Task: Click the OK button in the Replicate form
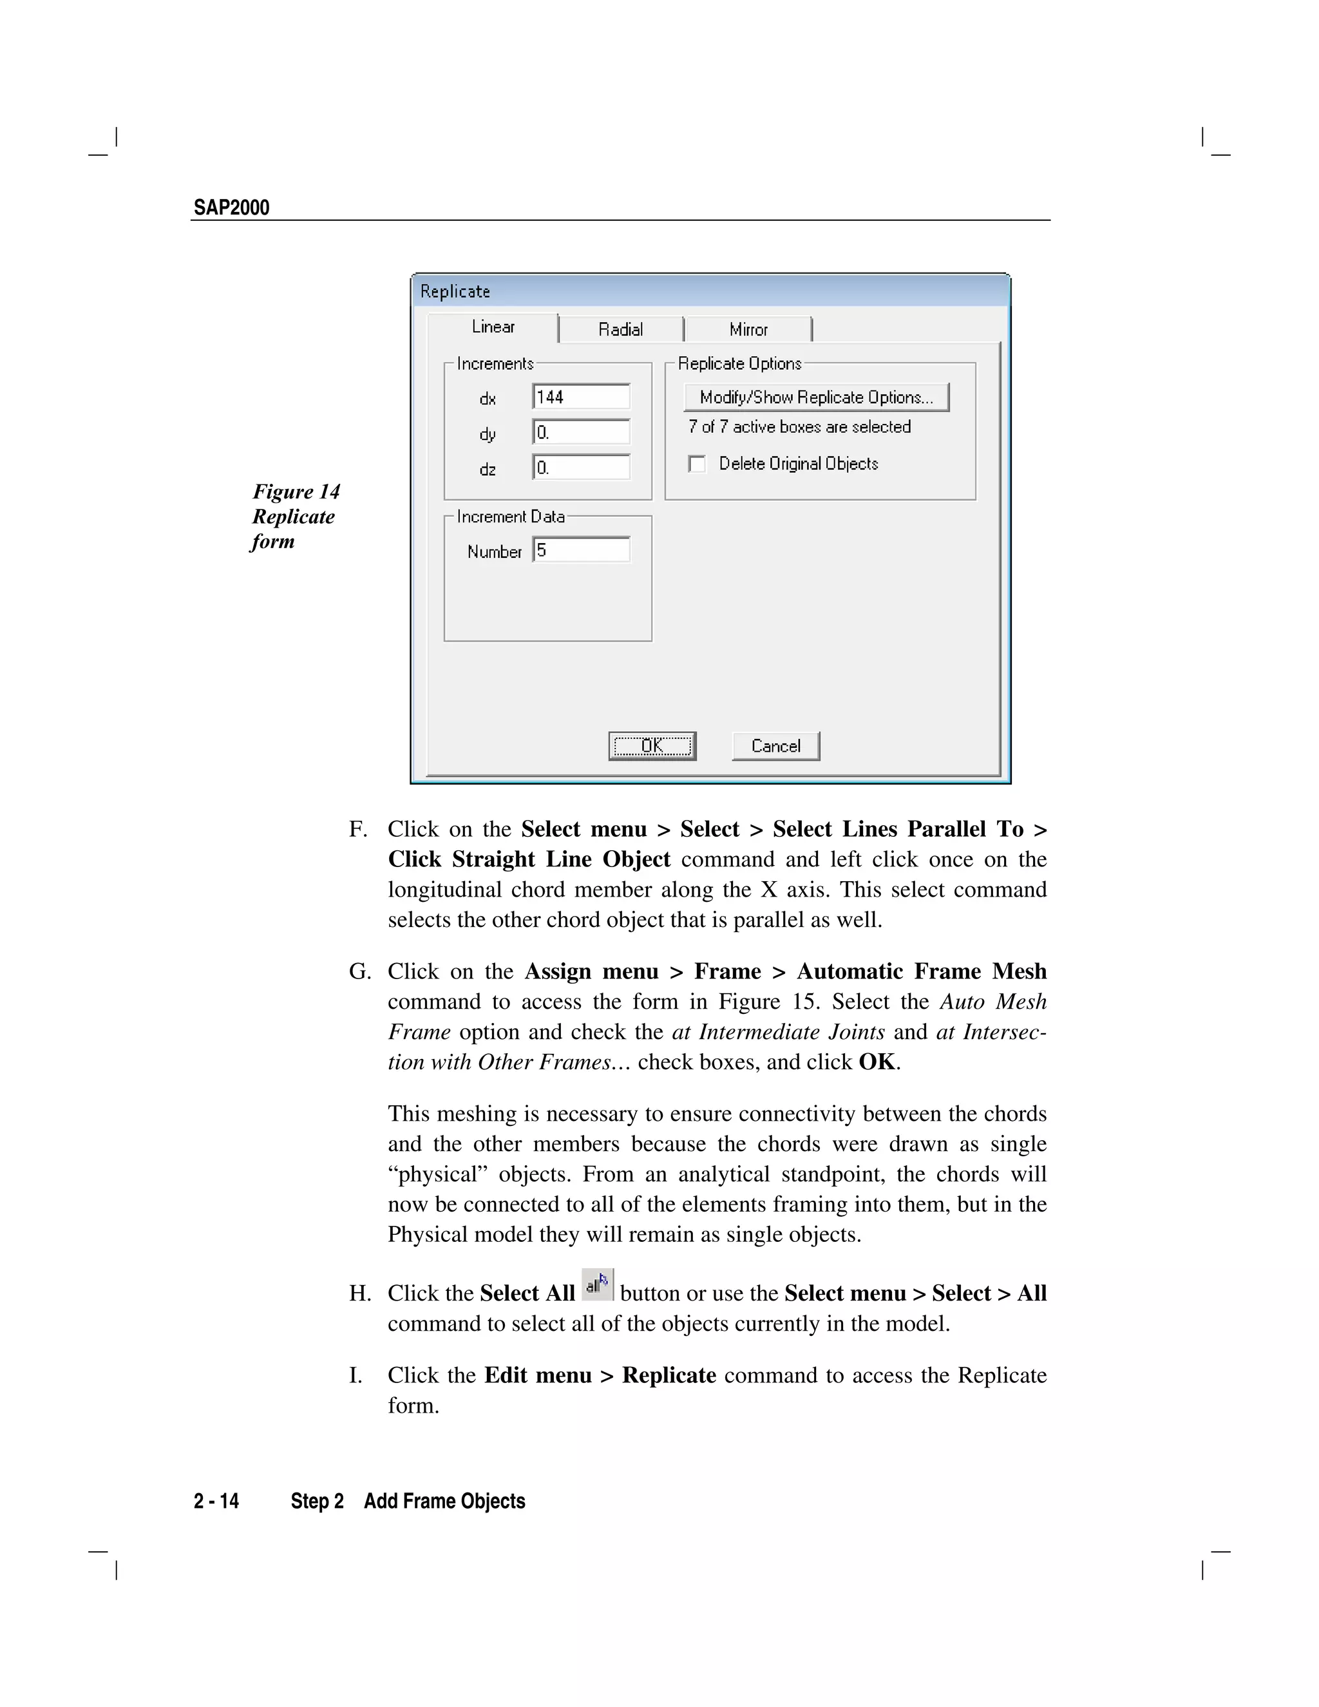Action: point(652,746)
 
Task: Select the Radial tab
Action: point(620,329)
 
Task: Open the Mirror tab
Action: point(748,329)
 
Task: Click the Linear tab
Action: point(493,327)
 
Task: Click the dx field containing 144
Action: point(580,397)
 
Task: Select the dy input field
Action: point(580,432)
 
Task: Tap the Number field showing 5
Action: point(580,550)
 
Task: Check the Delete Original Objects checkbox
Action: point(697,464)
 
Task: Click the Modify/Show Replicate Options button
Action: point(816,397)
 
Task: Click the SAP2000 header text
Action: point(231,208)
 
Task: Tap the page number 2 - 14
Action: point(216,1502)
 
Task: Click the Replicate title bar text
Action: point(455,292)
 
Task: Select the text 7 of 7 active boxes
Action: point(799,426)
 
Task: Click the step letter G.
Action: point(359,971)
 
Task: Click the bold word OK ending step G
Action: point(877,1062)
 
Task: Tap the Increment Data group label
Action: point(510,517)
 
